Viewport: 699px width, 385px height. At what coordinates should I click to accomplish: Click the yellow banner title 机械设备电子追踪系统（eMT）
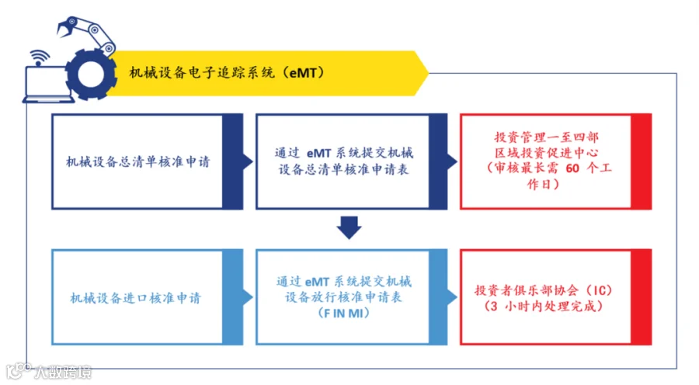[x=227, y=72]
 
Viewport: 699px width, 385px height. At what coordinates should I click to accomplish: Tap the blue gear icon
[x=91, y=75]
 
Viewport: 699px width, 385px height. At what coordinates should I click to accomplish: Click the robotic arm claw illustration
[x=86, y=35]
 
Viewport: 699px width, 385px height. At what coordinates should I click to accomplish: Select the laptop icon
[x=47, y=85]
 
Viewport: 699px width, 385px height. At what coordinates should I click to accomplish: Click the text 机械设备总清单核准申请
[x=137, y=161]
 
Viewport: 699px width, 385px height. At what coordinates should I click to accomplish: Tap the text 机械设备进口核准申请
[x=135, y=297]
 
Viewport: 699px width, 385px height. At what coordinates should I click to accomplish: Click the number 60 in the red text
[x=572, y=168]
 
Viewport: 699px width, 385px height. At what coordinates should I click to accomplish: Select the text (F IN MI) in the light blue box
[x=344, y=314]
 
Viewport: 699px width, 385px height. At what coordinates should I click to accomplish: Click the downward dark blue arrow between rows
[x=349, y=227]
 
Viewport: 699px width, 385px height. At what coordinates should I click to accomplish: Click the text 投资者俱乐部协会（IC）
[x=543, y=290]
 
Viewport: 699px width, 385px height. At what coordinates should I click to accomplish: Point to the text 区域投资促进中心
[x=546, y=153]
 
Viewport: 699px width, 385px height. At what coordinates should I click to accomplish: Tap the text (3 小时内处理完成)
[x=543, y=306]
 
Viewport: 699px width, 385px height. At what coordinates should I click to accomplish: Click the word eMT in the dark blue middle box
[x=318, y=153]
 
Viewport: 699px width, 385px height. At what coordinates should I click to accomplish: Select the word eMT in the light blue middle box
[x=317, y=282]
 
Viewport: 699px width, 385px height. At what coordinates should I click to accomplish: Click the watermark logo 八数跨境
[x=49, y=372]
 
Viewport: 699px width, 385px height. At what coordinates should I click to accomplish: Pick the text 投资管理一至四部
[x=546, y=137]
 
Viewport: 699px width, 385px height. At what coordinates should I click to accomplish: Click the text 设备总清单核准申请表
[x=344, y=169]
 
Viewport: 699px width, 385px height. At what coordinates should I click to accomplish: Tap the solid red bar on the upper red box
[x=642, y=161]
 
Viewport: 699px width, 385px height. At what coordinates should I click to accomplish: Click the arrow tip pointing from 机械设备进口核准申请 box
[x=252, y=297]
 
